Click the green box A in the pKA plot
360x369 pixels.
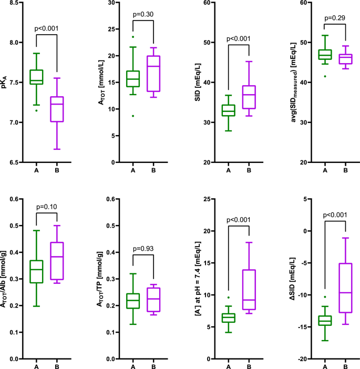point(36,77)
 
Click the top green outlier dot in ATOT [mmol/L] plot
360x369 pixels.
point(133,37)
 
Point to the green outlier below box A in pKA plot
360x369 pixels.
point(36,110)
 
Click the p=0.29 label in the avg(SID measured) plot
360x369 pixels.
point(335,18)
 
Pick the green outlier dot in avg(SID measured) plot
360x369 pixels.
point(325,76)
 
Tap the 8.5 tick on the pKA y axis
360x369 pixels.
point(17,3)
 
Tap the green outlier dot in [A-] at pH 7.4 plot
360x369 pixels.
point(229,298)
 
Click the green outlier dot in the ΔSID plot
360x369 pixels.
point(325,297)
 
